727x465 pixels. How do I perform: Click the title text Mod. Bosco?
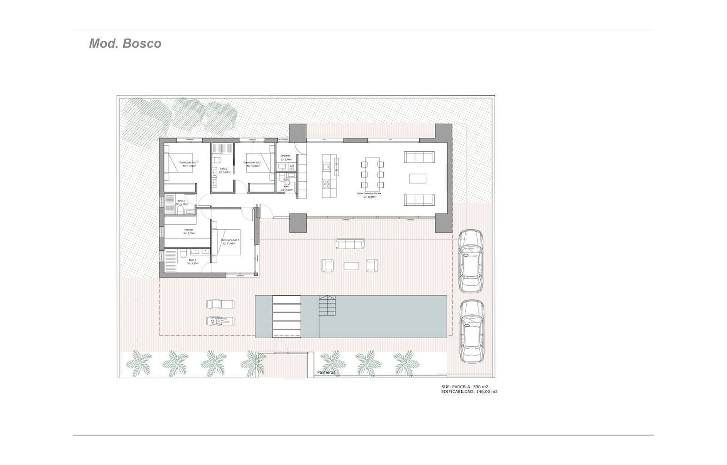(125, 44)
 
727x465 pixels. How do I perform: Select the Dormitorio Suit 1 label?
(230, 241)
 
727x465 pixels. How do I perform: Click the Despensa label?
(285, 156)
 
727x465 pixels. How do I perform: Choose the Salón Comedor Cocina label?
(368, 194)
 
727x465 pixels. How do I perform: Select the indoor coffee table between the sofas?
(417, 178)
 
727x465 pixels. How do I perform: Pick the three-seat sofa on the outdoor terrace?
(350, 244)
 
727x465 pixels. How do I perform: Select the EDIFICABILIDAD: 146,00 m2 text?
(469, 391)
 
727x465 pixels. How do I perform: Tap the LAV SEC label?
(292, 167)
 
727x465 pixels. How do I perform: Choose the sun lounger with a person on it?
(219, 321)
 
